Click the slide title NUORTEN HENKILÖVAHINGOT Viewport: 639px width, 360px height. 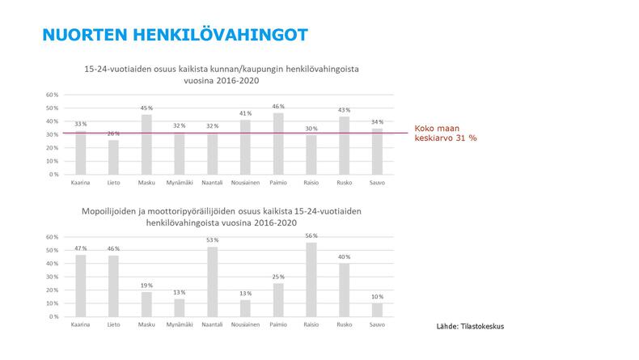pos(174,35)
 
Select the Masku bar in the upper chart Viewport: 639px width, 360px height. pos(146,145)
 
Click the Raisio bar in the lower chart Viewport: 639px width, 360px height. pos(311,279)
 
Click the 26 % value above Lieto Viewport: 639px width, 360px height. pos(113,134)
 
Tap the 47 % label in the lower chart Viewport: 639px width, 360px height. pos(80,249)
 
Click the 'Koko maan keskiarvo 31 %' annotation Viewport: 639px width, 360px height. pos(446,133)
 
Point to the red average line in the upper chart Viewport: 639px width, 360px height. pos(243,133)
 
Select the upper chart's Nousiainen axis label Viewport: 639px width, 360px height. pos(246,184)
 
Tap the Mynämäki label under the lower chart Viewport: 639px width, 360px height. pos(180,326)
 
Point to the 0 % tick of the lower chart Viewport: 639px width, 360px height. pos(52,316)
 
